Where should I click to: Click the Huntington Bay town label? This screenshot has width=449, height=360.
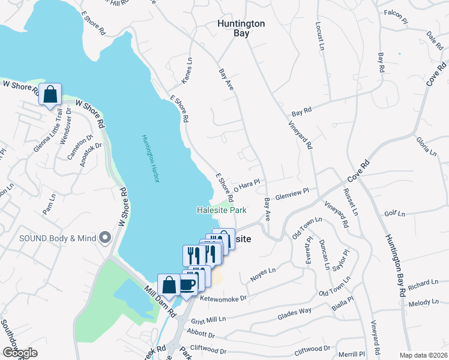click(x=241, y=28)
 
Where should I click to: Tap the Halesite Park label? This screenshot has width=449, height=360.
click(x=221, y=211)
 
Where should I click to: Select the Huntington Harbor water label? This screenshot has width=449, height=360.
click(x=149, y=158)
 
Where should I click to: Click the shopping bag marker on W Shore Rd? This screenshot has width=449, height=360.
click(x=50, y=94)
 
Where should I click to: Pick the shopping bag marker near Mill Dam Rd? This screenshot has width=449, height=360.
click(x=169, y=284)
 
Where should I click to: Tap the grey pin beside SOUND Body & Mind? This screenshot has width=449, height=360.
click(x=106, y=238)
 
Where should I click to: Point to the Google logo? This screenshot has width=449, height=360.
click(x=20, y=352)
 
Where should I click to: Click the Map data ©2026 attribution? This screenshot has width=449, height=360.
click(x=423, y=355)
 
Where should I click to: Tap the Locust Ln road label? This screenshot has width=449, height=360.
click(x=319, y=37)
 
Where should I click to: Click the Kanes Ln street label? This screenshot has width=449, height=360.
click(x=187, y=70)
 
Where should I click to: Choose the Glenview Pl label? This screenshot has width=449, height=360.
click(x=292, y=194)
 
